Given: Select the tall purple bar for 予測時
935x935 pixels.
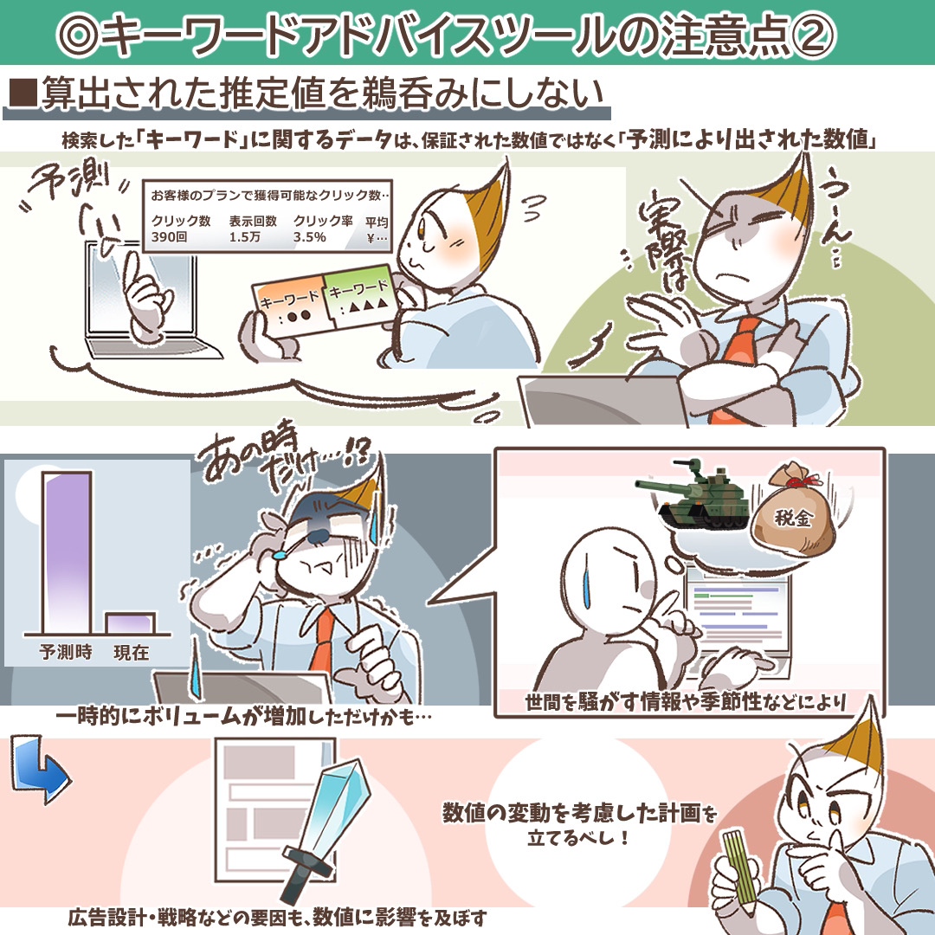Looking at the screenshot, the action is point(67,552).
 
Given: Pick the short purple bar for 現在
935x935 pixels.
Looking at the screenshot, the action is point(130,623).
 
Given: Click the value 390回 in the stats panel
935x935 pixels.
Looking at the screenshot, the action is point(170,237).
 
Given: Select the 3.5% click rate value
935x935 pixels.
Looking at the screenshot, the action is point(309,237).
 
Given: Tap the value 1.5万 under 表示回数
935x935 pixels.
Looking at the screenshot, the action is point(244,237).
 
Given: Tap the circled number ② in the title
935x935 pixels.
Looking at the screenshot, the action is point(813,35).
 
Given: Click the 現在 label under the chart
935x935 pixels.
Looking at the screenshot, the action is point(132,653).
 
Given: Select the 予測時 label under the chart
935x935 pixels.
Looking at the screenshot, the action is point(66,652).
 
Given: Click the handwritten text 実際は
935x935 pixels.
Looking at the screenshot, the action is point(666,240).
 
